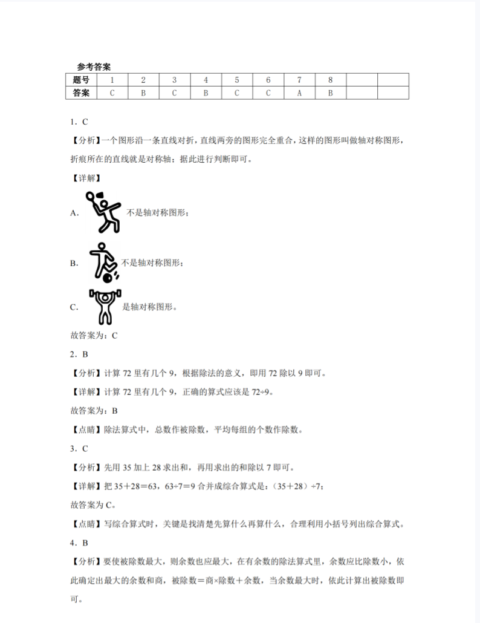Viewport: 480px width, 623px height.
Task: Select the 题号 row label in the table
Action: coord(81,80)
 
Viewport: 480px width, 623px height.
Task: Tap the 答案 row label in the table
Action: coord(81,93)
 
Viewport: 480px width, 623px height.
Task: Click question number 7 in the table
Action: coord(299,80)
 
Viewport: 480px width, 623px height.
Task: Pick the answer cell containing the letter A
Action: coord(299,93)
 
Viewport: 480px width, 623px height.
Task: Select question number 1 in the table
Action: coord(112,80)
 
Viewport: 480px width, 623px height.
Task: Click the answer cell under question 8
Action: coord(331,93)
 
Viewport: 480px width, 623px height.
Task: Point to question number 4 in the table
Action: coord(206,80)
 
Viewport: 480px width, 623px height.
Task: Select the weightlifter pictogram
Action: coord(105,307)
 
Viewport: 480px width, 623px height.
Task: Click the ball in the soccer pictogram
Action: coord(107,278)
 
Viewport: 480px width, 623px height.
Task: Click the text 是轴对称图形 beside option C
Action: coord(149,307)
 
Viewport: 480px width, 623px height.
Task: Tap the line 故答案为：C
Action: coord(94,335)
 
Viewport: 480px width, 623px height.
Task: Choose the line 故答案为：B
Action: coord(94,411)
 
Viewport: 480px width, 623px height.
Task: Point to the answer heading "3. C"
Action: coord(79,448)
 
